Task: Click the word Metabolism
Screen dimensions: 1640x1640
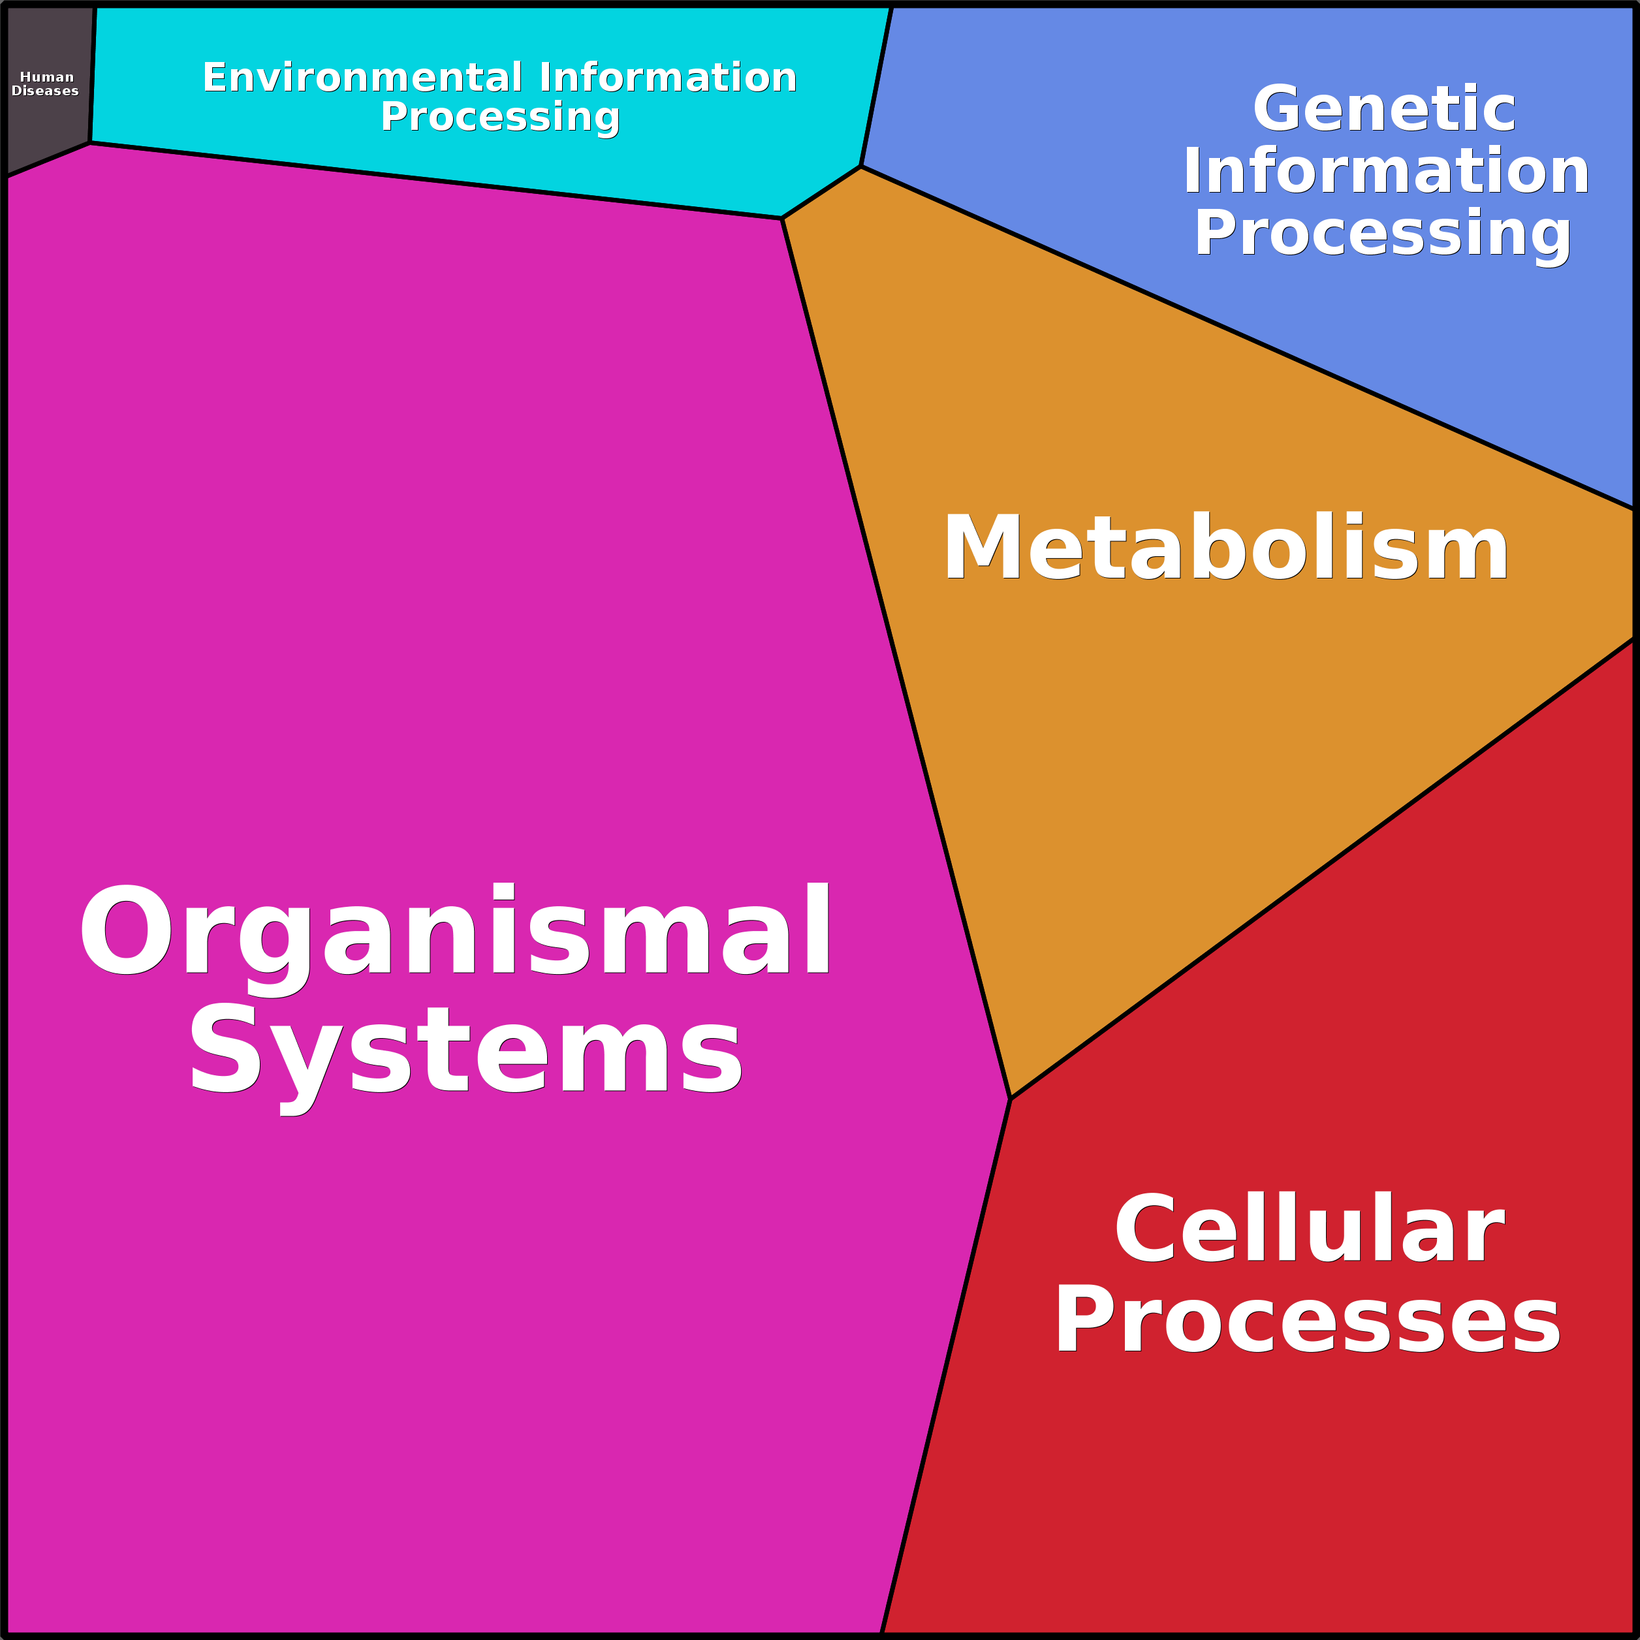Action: click(x=1225, y=548)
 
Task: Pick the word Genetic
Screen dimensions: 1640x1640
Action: click(x=1383, y=108)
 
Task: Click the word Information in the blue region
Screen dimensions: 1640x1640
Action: click(x=1386, y=170)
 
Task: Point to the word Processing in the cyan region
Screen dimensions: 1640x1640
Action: click(x=500, y=117)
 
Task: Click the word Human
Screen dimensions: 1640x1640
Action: click(x=47, y=77)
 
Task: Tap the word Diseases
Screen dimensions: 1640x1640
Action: click(x=45, y=91)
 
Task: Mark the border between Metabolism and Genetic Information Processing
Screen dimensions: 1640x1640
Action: click(x=1248, y=337)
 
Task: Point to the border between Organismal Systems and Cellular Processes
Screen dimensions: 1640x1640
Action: click(x=945, y=1366)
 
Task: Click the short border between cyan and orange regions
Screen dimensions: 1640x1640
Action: click(x=821, y=192)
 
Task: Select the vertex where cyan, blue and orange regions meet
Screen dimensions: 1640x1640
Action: click(x=860, y=166)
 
